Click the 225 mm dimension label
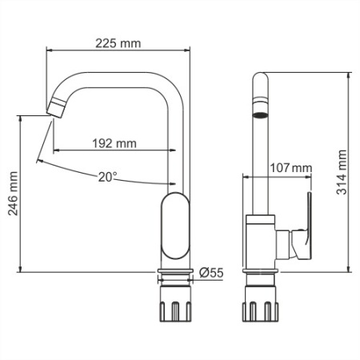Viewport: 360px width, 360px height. (118, 43)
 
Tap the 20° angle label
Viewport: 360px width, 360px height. (108, 176)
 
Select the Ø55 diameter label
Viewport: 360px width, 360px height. (210, 273)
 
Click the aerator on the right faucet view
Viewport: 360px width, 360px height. (260, 109)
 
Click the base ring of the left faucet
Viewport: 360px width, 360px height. (176, 274)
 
